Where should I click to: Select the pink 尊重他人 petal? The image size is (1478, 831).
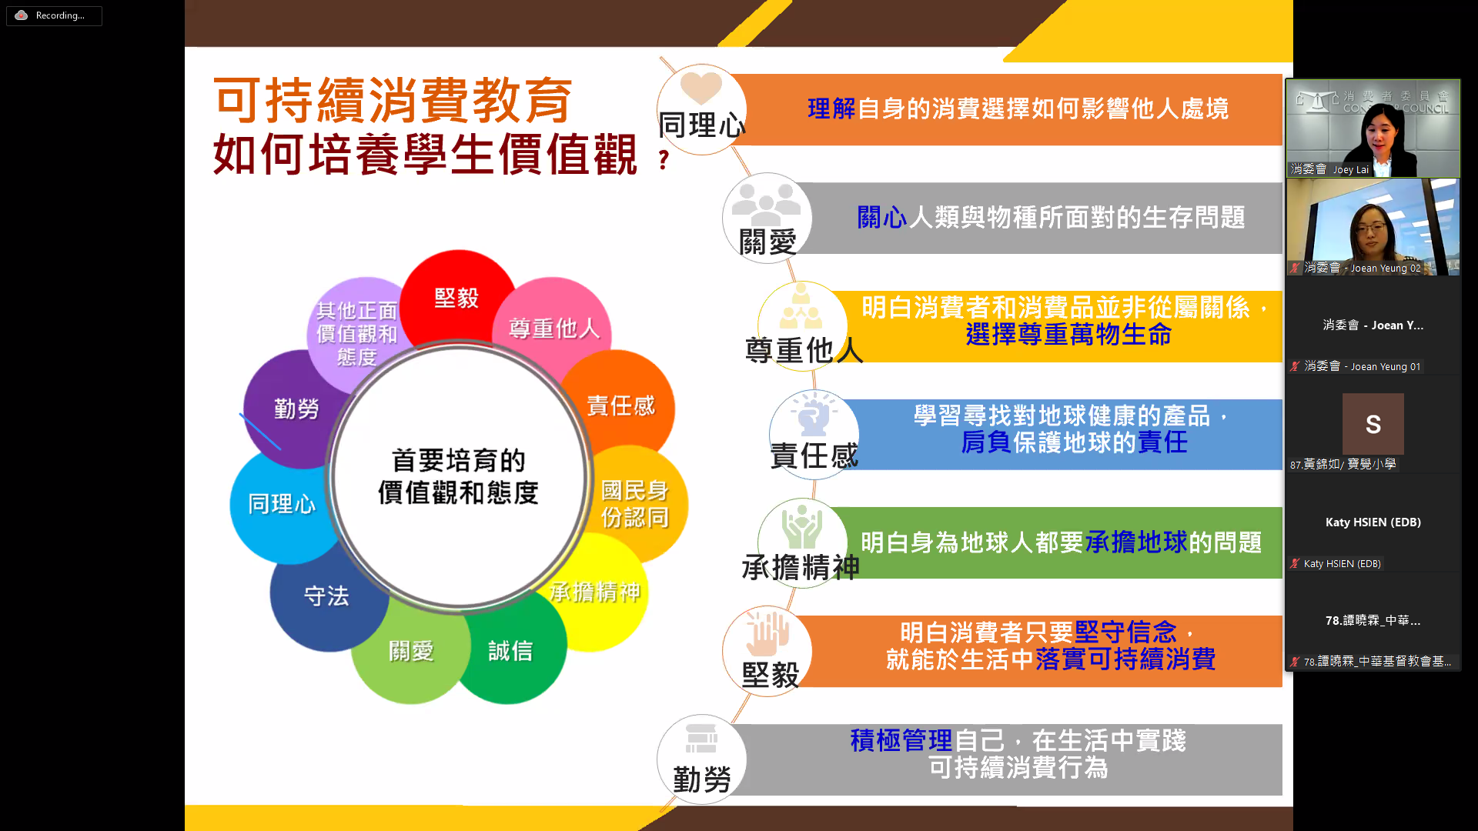[553, 328]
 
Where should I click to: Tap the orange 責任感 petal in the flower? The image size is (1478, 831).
[620, 405]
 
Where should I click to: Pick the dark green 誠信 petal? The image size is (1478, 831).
[510, 651]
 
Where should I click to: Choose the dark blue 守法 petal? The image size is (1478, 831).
[326, 596]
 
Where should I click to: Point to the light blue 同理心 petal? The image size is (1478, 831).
[281, 504]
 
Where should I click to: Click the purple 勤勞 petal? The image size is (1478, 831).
[296, 409]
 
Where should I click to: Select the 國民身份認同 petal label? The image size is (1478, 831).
[634, 504]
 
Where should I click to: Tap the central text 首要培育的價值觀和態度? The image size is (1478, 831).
[459, 476]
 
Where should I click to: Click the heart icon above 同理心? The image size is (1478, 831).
[701, 88]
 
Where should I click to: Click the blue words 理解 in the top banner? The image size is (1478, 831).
[831, 108]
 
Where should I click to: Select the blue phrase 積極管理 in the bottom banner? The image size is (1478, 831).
[901, 740]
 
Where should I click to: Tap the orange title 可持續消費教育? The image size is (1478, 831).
[393, 101]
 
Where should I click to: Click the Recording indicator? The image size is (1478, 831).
[54, 15]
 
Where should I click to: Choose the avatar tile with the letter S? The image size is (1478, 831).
[1373, 424]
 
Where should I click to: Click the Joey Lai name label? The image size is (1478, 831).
[1351, 169]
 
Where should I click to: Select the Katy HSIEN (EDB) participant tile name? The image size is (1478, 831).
[1373, 522]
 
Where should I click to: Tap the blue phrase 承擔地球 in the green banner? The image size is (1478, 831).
[1136, 542]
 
